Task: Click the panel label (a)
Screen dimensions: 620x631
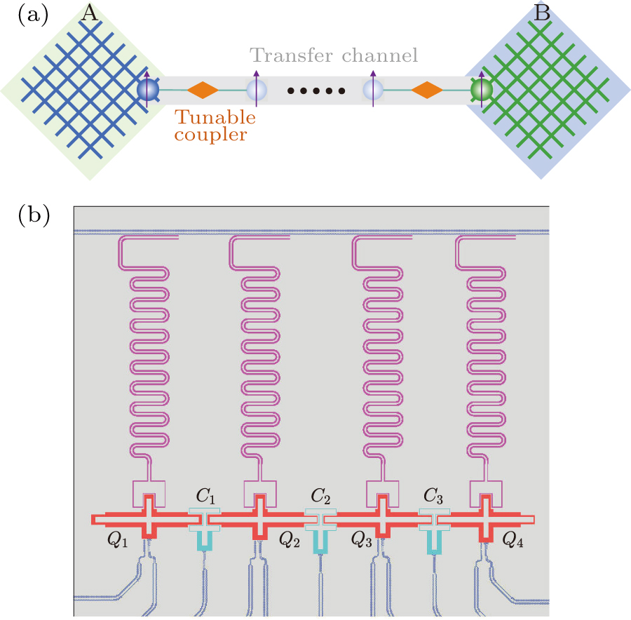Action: pos(32,16)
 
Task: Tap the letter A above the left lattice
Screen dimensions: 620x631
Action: pos(89,12)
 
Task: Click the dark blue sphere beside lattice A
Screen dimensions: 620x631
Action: pos(148,90)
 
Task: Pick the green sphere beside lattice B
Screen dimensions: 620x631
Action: pos(482,90)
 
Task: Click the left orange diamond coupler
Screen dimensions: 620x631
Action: pos(204,90)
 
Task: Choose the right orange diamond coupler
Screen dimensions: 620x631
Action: pos(426,90)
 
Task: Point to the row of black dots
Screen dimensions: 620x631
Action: pos(316,90)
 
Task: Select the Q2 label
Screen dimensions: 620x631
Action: pos(290,540)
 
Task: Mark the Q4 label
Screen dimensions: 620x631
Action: pos(513,540)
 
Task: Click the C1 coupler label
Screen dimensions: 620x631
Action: pos(205,496)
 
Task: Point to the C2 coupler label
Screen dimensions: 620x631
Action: pos(320,496)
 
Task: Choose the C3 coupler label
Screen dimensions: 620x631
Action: pos(434,496)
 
